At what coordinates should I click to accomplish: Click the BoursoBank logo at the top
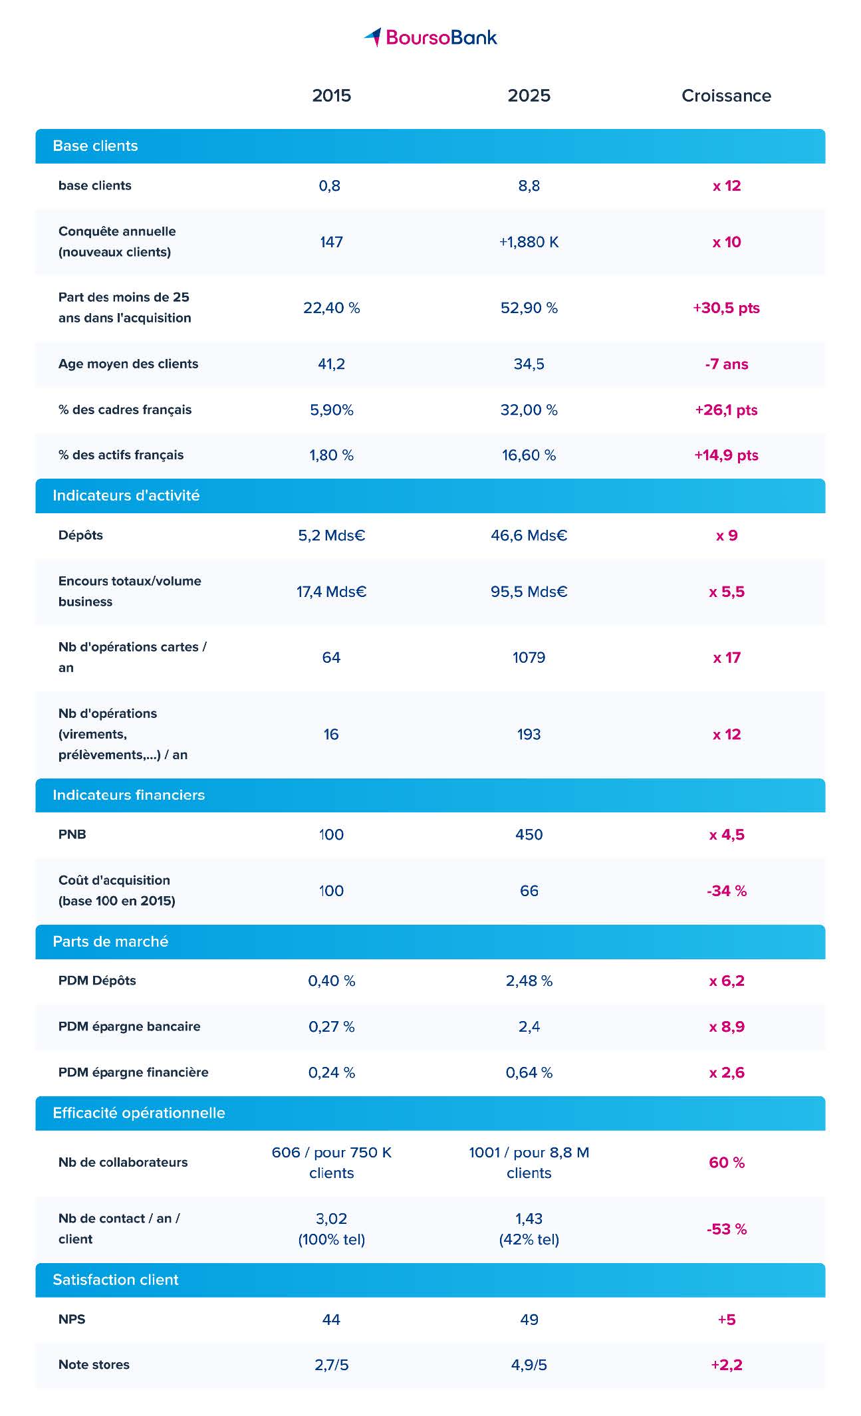tap(430, 37)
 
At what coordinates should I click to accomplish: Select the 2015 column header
tap(331, 96)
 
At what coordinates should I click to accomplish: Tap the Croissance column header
tap(726, 96)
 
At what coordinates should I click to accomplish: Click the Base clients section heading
tap(95, 146)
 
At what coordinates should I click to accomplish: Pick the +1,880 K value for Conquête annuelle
tap(529, 242)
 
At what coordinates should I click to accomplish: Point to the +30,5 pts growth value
tap(726, 308)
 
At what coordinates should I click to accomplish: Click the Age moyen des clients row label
tap(128, 364)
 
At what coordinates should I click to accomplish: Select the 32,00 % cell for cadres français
tap(529, 410)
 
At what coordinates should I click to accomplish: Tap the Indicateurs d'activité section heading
tap(126, 495)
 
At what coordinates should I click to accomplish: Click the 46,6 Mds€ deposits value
tap(529, 535)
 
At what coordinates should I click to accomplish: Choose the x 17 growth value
tap(726, 657)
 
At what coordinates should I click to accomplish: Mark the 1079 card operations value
tap(529, 657)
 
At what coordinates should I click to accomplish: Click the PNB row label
tap(72, 834)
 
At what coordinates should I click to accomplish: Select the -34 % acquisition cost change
tap(726, 891)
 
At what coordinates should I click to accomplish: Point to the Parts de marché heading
tap(110, 941)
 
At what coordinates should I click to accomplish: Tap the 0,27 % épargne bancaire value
tap(331, 1026)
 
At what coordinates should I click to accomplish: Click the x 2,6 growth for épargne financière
tap(726, 1072)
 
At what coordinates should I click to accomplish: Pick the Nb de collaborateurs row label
tap(123, 1162)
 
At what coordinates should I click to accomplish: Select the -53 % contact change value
tap(726, 1229)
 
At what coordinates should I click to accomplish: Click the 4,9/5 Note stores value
tap(529, 1365)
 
